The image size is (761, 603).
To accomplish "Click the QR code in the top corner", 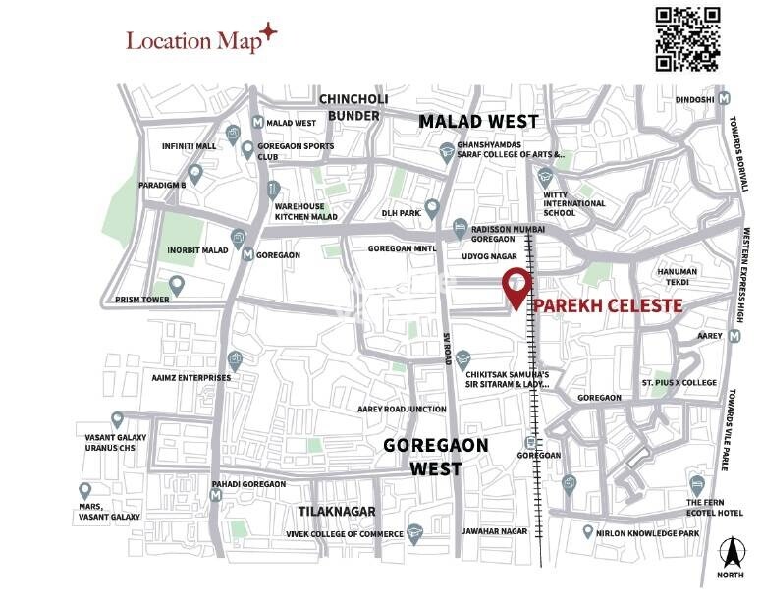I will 688,38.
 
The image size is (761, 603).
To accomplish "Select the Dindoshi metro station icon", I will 724,99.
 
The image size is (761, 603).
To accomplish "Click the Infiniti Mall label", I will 189,146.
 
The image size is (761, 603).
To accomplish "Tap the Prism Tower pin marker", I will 177,284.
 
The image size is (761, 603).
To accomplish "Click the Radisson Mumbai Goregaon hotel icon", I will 460,228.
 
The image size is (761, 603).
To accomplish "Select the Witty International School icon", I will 545,179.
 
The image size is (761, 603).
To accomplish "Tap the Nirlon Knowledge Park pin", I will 587,533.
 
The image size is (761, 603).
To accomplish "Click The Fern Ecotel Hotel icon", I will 696,484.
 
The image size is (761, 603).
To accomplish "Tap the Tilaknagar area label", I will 337,511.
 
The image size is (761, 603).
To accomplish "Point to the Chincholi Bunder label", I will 353,107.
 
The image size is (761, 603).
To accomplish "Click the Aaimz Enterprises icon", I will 233,359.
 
